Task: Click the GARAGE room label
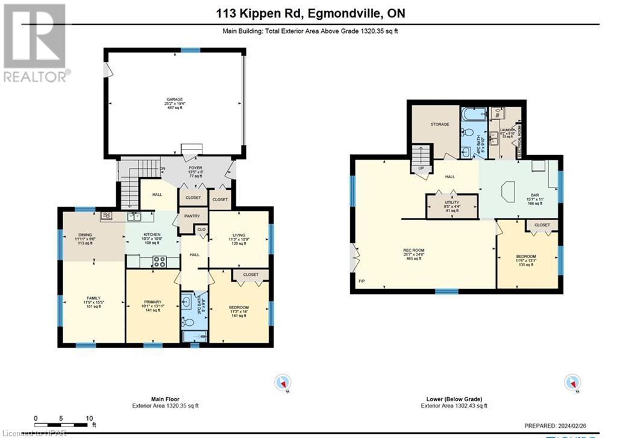click(175, 99)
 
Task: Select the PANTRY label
click(193, 215)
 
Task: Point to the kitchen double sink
click(134, 216)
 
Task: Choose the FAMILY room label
click(93, 298)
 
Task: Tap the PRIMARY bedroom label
click(152, 302)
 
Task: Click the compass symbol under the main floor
click(282, 382)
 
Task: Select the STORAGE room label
click(439, 124)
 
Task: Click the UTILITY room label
click(452, 203)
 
